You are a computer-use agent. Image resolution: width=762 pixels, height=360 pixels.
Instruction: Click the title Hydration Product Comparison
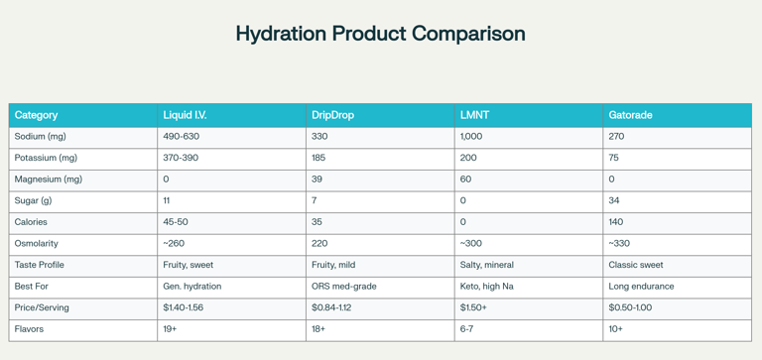(x=380, y=34)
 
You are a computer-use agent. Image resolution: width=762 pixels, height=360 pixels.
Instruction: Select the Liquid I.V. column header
(x=185, y=115)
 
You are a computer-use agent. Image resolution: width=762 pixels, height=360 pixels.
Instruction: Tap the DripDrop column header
(x=332, y=115)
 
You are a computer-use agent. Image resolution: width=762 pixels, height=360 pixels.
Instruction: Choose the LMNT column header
(x=474, y=115)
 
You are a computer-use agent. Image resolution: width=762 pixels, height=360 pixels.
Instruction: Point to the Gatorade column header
(x=630, y=115)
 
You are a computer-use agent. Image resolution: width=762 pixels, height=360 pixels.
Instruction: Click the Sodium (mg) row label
(x=40, y=137)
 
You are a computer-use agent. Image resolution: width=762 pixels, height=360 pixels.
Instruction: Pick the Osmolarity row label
(x=36, y=244)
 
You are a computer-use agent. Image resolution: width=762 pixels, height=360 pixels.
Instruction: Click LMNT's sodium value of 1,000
(x=471, y=137)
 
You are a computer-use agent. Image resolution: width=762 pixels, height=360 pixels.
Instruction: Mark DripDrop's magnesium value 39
(x=317, y=180)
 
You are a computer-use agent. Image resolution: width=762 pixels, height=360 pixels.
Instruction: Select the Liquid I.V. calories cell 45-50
(x=176, y=222)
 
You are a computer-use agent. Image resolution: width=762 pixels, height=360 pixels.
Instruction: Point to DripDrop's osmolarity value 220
(x=319, y=244)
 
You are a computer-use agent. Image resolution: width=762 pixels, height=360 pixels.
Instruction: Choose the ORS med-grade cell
(x=343, y=287)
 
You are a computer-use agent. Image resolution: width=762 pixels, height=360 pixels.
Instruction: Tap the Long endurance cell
(x=641, y=287)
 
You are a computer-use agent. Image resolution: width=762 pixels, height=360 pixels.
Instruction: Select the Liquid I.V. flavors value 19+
(x=170, y=329)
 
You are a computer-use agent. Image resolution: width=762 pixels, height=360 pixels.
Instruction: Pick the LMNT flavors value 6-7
(x=466, y=329)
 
